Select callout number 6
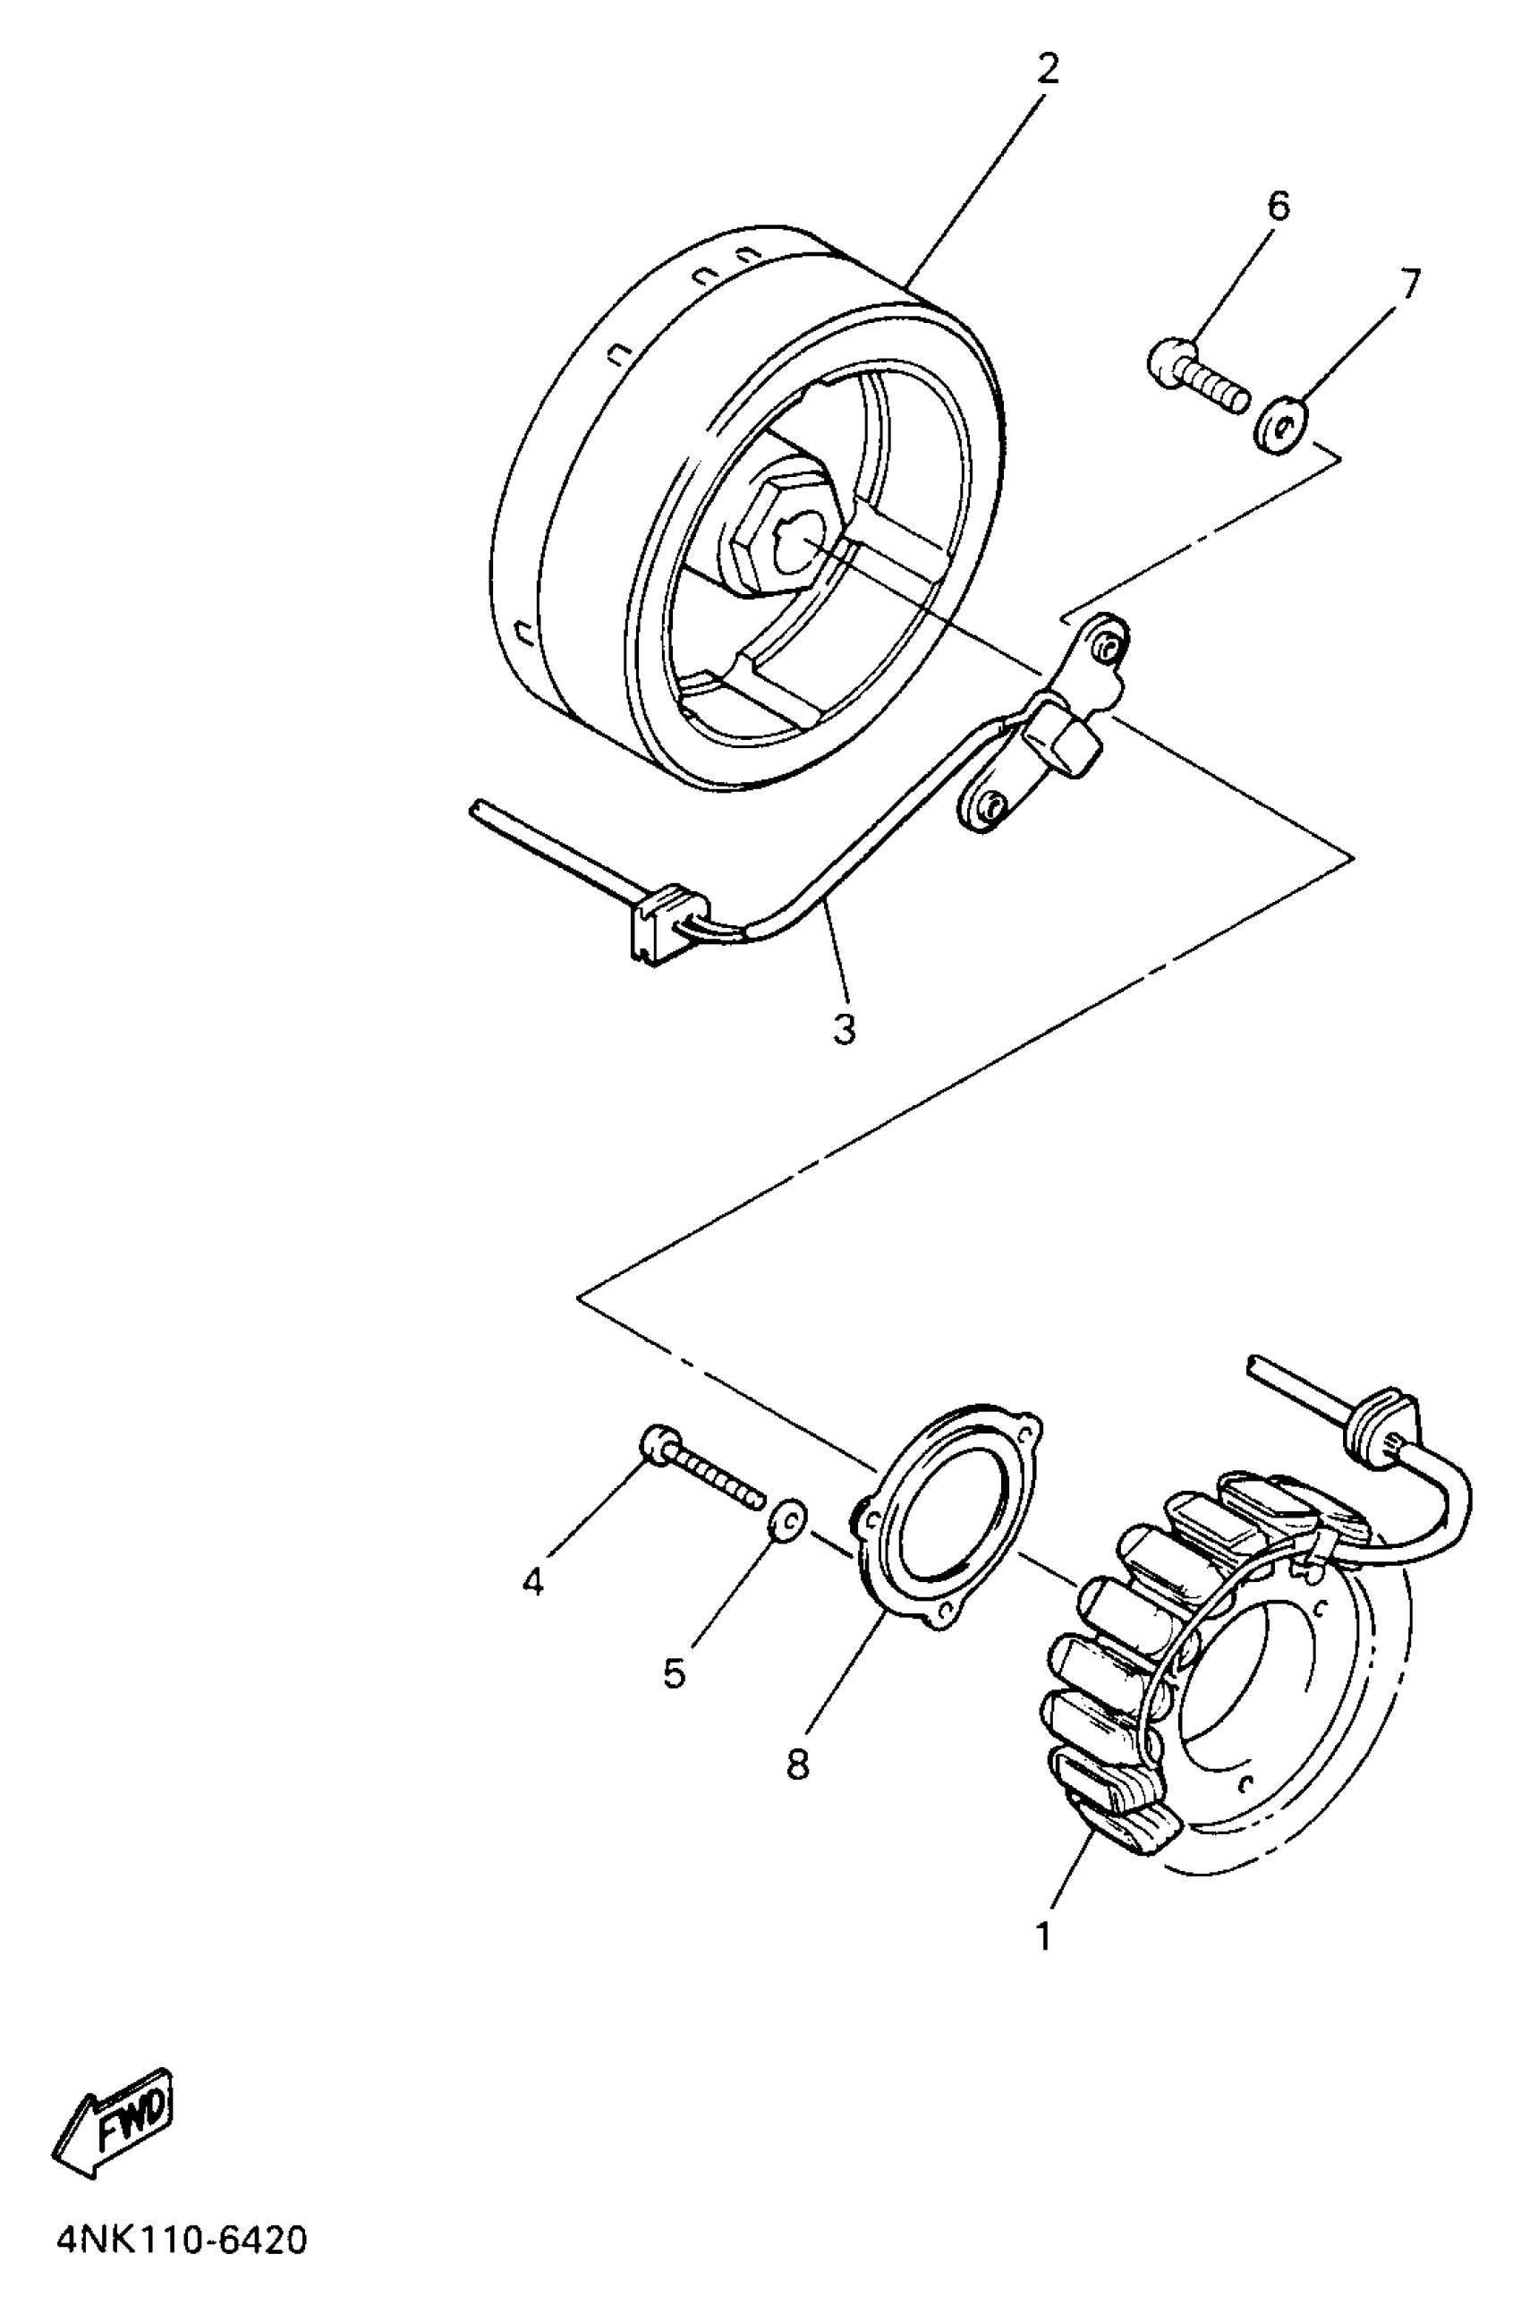1277,206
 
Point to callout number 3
844,1028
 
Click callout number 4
532,1581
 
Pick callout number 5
674,1673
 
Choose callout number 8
797,1764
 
